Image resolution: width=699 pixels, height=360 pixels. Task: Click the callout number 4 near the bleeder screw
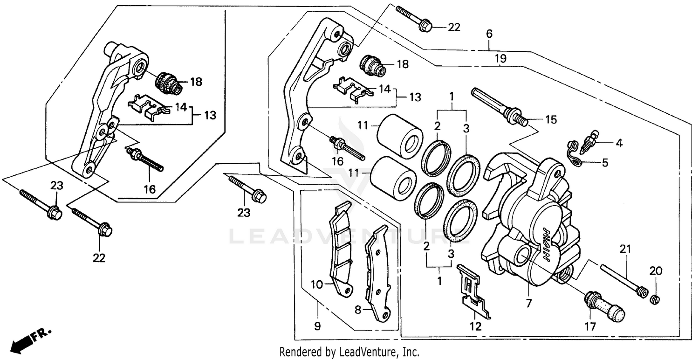pos(619,143)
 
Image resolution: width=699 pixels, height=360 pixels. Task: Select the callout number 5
pos(605,163)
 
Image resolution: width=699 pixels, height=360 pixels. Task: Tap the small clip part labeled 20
pos(656,299)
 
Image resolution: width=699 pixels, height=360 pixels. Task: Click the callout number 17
pos(590,327)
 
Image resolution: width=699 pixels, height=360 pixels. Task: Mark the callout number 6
pos(489,34)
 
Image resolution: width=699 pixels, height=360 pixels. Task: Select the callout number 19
pos(500,59)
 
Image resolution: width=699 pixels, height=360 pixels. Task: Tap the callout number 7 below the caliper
pos(528,304)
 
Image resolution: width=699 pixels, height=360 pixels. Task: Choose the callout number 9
pos(317,327)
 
